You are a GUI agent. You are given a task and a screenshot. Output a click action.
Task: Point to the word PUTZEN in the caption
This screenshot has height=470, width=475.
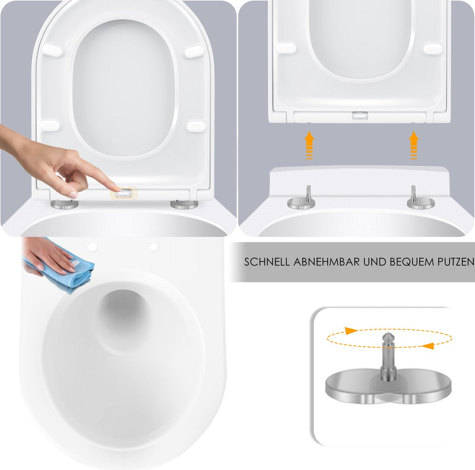pos(453,262)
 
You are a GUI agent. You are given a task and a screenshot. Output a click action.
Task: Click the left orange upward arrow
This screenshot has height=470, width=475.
pos(309,145)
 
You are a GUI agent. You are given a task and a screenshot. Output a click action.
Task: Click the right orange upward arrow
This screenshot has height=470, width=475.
pos(414,145)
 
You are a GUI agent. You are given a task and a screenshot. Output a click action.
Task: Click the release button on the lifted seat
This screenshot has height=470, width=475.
pos(360,116)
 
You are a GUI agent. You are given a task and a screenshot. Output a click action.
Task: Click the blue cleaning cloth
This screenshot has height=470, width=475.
pos(75,273)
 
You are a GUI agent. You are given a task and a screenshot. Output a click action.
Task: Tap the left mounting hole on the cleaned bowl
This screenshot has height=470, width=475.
pos(93,246)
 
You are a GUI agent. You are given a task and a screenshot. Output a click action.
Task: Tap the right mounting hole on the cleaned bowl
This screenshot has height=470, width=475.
pos(153,246)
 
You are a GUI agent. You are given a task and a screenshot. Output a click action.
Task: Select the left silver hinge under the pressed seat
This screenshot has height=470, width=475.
pos(64,204)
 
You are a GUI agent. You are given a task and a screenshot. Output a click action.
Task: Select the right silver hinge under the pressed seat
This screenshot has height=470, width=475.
pos(184,204)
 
